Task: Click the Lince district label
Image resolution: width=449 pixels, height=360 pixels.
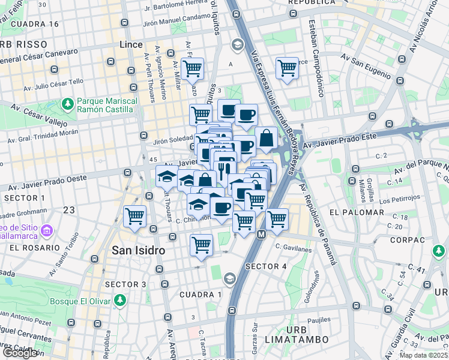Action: pos(131,45)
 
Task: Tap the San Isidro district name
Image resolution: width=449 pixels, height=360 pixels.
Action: pos(139,251)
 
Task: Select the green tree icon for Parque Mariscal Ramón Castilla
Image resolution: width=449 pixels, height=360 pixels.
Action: pos(68,104)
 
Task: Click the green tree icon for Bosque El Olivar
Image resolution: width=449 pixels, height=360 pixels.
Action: pos(120,299)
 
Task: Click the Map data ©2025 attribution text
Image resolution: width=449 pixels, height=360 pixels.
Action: pos(423,355)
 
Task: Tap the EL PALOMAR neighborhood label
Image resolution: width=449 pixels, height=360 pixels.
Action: pos(357,212)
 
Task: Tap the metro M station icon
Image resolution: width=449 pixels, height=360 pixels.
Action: pos(261,234)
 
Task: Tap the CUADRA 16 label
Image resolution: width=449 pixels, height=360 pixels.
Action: pos(35,25)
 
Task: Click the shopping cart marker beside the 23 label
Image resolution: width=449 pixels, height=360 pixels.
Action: pos(134,217)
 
